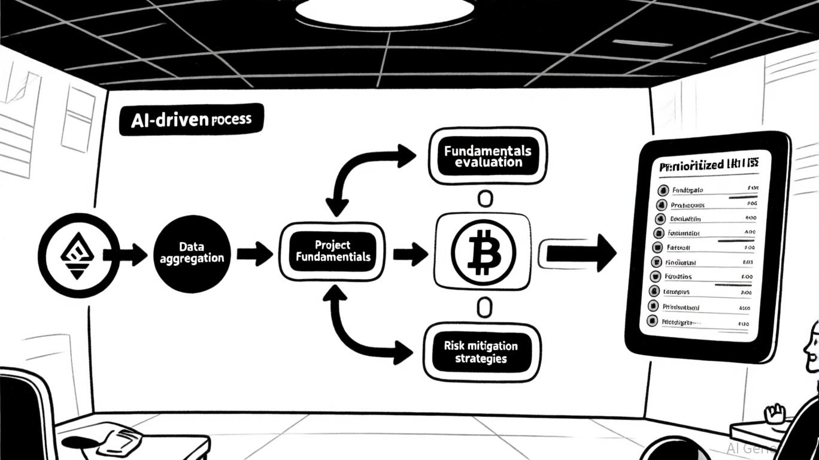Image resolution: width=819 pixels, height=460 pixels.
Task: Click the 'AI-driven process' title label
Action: pos(190,120)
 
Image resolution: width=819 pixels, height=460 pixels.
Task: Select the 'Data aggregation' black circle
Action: pos(192,253)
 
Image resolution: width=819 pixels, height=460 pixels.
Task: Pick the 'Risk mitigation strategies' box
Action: pos(480,353)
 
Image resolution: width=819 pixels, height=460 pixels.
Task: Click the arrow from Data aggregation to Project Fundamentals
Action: pos(254,253)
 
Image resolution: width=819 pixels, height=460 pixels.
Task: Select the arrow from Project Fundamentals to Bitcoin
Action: pos(410,254)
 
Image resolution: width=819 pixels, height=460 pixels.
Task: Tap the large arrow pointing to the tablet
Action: pos(578,253)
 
